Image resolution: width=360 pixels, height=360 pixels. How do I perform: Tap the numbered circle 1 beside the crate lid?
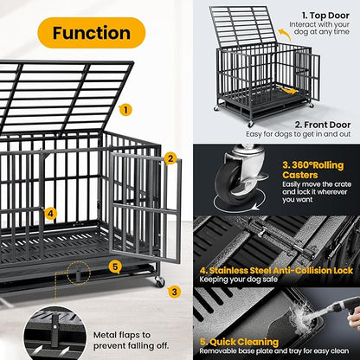click(125, 110)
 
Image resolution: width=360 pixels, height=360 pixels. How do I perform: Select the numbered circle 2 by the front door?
click(170, 158)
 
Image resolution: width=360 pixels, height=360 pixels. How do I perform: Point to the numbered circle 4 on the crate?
click(51, 214)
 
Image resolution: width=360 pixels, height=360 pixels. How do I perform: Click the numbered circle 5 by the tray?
click(115, 267)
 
